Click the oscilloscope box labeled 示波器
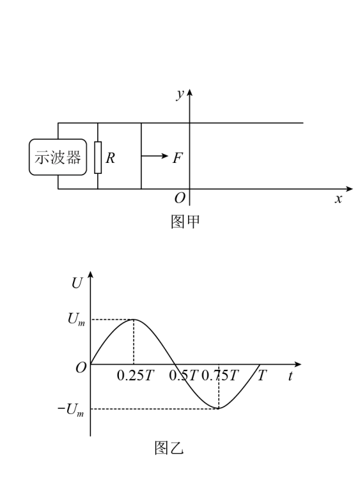click(58, 157)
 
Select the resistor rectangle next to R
click(98, 158)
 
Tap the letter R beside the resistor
click(110, 158)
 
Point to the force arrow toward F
click(155, 156)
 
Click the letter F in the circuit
click(178, 158)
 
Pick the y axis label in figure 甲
click(180, 93)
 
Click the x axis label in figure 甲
click(338, 199)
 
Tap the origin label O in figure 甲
click(180, 198)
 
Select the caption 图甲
click(185, 222)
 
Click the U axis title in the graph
click(77, 283)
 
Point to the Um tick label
click(76, 319)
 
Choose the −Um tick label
click(71, 410)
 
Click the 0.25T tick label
click(136, 375)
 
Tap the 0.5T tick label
click(184, 375)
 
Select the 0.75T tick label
click(220, 375)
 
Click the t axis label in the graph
click(290, 376)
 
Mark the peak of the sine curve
click(134, 319)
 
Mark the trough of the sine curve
click(219, 408)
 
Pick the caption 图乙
click(169, 448)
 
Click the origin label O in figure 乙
click(81, 368)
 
